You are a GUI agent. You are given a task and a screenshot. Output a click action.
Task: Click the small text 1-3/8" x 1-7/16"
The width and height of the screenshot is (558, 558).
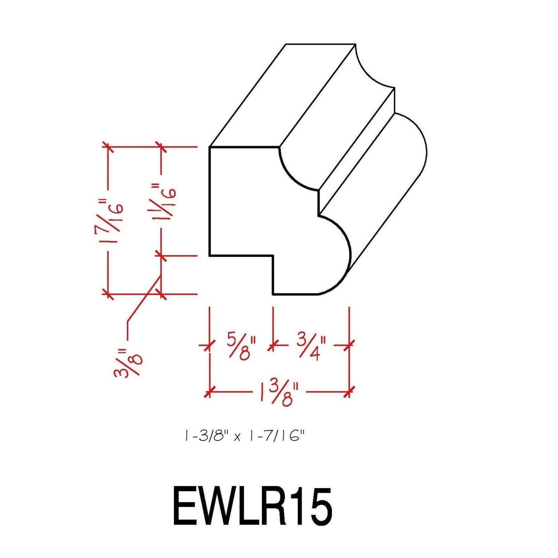pyautogui.click(x=244, y=436)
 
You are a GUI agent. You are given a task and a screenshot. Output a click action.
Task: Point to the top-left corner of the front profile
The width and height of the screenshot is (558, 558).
pyautogui.click(x=210, y=147)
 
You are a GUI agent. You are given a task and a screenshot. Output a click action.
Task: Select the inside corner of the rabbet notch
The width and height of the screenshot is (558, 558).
pyautogui.click(x=273, y=256)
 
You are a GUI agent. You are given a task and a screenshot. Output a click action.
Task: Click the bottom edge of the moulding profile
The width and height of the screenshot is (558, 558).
pyautogui.click(x=295, y=294)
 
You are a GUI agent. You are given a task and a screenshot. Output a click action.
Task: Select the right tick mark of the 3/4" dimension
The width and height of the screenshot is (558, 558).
pyautogui.click(x=349, y=345)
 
